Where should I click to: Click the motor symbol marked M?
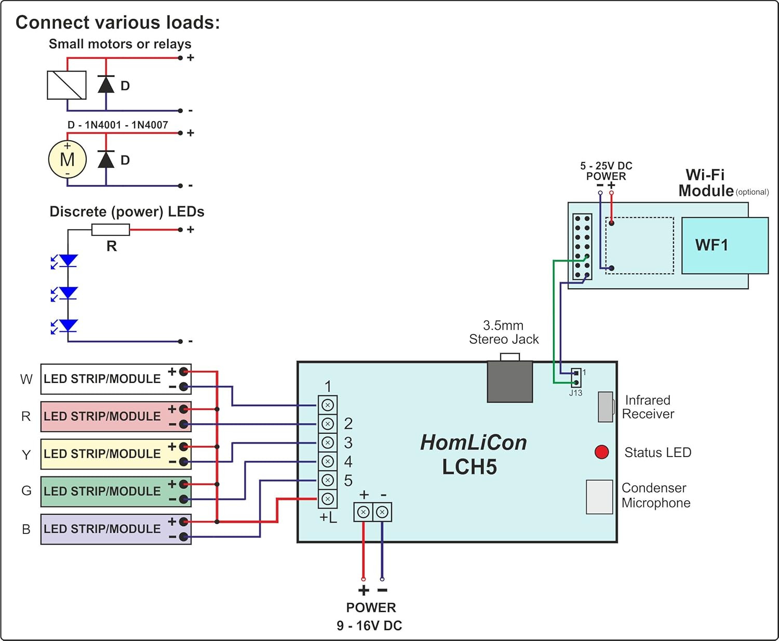click(x=67, y=159)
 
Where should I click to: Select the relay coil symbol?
click(x=66, y=85)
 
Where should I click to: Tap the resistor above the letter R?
click(x=111, y=230)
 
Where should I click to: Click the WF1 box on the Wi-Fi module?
click(x=724, y=245)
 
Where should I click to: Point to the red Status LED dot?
click(x=601, y=452)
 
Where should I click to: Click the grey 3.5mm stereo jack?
click(x=510, y=382)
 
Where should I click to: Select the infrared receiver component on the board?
click(x=605, y=407)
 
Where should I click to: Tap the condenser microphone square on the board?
click(x=599, y=497)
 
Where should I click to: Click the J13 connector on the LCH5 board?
click(x=576, y=378)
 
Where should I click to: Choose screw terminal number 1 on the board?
click(x=328, y=405)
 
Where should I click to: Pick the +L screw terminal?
click(x=328, y=499)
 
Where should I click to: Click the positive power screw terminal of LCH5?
click(x=364, y=512)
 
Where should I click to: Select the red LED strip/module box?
click(x=116, y=417)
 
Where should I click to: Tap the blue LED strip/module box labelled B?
click(x=116, y=529)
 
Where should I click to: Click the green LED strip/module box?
click(x=116, y=491)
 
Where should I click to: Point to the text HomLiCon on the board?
click(x=473, y=443)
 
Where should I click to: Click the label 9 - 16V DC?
click(x=369, y=625)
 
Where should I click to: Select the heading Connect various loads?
click(x=118, y=22)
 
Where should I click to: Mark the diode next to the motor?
click(x=106, y=159)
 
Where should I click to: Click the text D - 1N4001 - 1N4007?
click(x=118, y=125)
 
